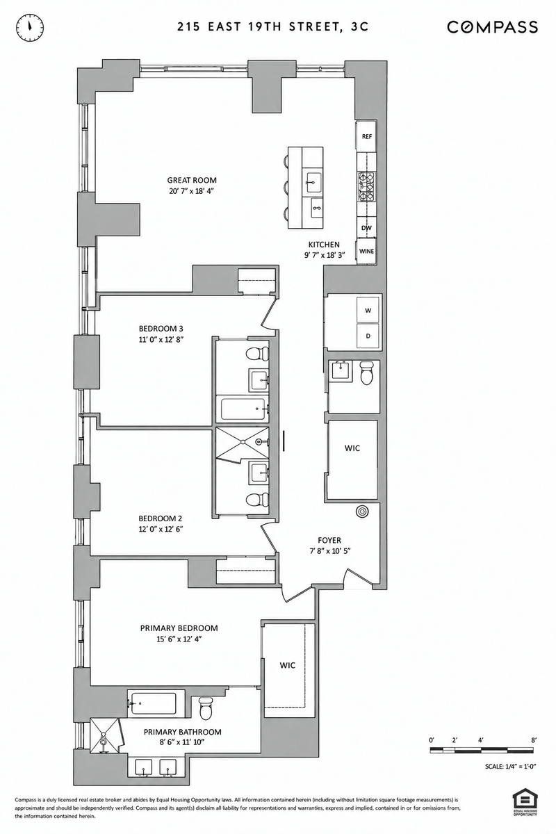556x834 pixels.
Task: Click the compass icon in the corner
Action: (x=30, y=27)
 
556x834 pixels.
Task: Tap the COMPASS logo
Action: (x=492, y=27)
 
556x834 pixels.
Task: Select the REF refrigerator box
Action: (x=367, y=136)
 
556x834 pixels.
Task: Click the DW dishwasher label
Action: (x=366, y=228)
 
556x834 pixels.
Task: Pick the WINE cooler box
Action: (x=366, y=252)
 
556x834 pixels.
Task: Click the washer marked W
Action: (x=368, y=310)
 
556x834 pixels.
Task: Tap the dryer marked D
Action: (x=368, y=336)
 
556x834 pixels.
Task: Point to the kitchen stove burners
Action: (x=367, y=187)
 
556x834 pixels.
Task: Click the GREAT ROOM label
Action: (x=192, y=180)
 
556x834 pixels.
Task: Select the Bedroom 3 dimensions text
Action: (x=161, y=340)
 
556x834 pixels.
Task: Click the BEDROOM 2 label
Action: (x=160, y=518)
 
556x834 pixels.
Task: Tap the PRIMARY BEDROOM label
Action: (x=179, y=628)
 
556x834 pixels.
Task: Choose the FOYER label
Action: (x=329, y=540)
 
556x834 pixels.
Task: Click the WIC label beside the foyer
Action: (x=352, y=448)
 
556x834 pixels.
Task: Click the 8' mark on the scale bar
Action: (x=534, y=740)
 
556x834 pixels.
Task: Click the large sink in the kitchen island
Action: (x=315, y=182)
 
